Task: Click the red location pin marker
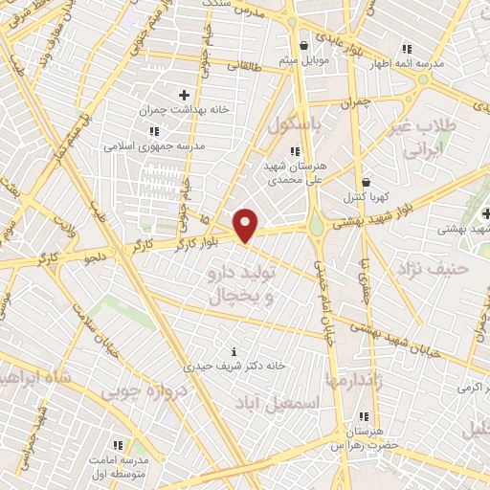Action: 247,226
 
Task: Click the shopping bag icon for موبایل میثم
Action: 303,45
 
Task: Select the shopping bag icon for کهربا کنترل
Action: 366,181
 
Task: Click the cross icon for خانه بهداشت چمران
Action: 185,95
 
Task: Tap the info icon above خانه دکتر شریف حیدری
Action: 235,351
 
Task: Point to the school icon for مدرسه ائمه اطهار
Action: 407,49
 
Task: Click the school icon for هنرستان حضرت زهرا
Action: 363,416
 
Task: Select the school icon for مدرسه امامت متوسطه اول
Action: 118,445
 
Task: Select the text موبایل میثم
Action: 303,61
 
